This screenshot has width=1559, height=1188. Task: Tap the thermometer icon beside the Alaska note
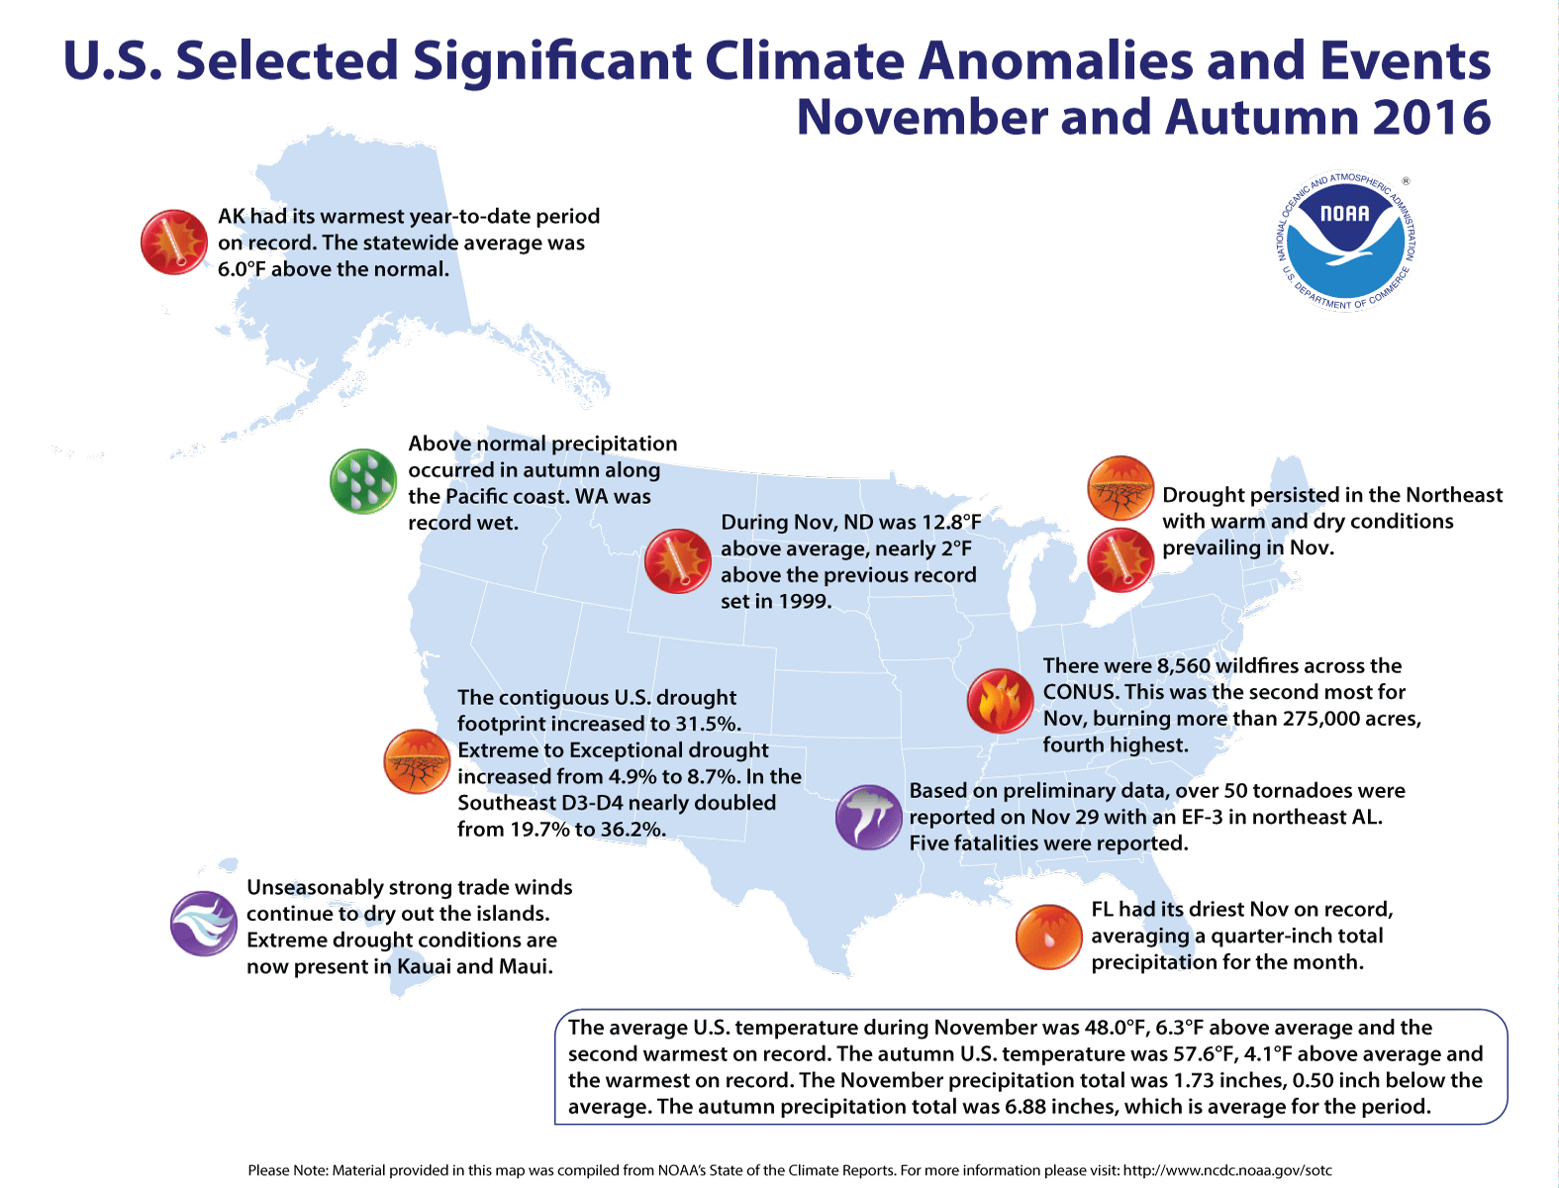click(174, 242)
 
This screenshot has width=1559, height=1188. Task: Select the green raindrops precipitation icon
click(362, 481)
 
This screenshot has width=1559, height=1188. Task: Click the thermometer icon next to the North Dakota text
click(677, 561)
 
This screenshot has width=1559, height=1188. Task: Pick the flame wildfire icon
click(999, 700)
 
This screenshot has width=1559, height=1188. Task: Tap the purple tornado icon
click(868, 818)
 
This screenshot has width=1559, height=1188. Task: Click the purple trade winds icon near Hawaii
click(203, 924)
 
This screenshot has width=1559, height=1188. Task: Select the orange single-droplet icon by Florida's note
click(1048, 937)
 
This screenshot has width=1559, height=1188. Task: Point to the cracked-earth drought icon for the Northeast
click(1120, 488)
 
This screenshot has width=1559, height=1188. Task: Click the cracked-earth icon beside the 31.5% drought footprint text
click(417, 761)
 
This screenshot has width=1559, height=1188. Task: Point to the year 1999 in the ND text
click(803, 601)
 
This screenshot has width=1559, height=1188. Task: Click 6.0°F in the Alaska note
click(242, 269)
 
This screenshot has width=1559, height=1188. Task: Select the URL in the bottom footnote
click(1227, 1170)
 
